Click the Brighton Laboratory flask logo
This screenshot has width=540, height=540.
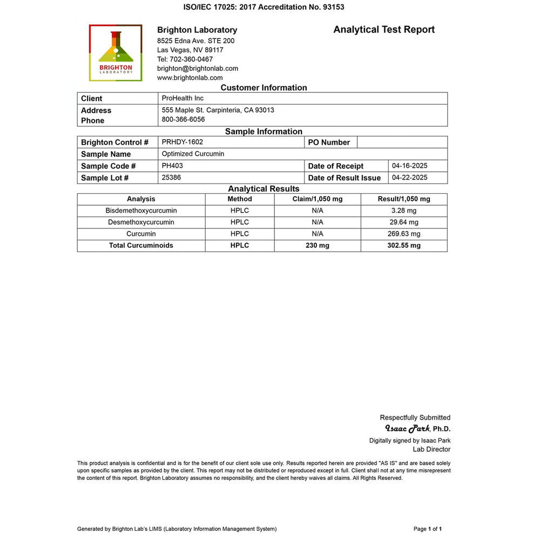point(116,52)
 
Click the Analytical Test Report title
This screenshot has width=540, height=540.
point(384,30)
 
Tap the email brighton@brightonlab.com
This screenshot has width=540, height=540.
point(198,69)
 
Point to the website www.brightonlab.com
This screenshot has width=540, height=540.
point(190,78)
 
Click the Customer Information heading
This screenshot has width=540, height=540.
point(264,87)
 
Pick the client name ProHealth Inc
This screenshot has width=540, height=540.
point(183,98)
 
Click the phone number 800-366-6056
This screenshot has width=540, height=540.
point(183,120)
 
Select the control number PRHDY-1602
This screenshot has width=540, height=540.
point(183,142)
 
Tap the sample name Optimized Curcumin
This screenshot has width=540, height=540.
point(193,154)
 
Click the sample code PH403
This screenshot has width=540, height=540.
point(172,166)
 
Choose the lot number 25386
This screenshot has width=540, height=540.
point(172,178)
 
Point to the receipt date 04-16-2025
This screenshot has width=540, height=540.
point(409,166)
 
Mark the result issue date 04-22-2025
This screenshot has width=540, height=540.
point(409,178)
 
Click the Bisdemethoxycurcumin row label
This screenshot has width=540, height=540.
point(141,211)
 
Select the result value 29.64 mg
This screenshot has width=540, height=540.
point(404,222)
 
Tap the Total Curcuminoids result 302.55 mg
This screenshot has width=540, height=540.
point(404,245)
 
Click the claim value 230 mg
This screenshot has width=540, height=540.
point(317,245)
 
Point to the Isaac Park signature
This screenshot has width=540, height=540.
point(407,429)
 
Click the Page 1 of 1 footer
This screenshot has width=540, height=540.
point(428,529)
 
